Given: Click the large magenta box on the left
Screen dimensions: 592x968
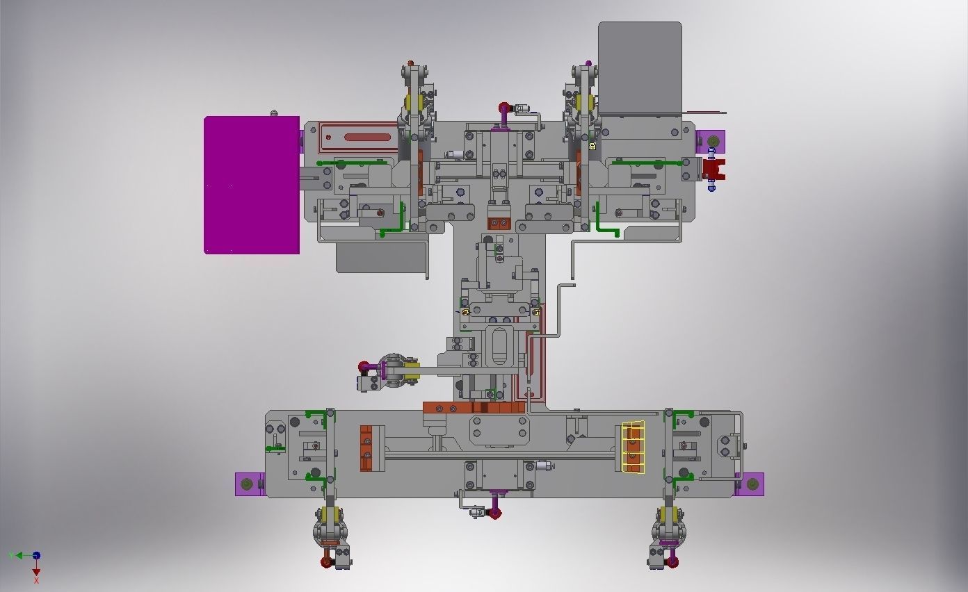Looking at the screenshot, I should pyautogui.click(x=252, y=186).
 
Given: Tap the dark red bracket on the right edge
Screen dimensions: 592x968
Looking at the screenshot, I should pyautogui.click(x=714, y=169).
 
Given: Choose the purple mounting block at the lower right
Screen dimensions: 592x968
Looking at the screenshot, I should pyautogui.click(x=751, y=484).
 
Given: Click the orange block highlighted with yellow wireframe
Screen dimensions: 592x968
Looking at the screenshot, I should pyautogui.click(x=633, y=447).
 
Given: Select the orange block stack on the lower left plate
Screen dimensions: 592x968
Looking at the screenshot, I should pyautogui.click(x=366, y=447).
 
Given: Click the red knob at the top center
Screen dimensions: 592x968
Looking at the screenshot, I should pyautogui.click(x=503, y=108).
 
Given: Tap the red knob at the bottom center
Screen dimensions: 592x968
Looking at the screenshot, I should pyautogui.click(x=495, y=513).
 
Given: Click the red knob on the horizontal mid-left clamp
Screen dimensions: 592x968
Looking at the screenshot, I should pyautogui.click(x=364, y=367).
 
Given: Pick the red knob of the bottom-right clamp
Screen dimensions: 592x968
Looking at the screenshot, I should pyautogui.click(x=672, y=561).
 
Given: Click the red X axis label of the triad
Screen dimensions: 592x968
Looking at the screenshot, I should pyautogui.click(x=36, y=580).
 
